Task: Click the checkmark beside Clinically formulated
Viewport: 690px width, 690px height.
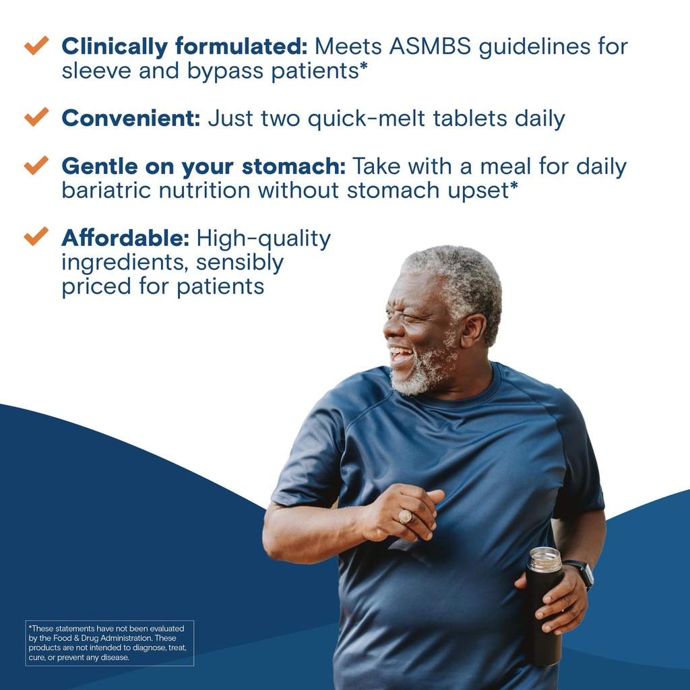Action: tap(36, 46)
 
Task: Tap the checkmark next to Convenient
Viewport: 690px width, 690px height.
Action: tap(36, 117)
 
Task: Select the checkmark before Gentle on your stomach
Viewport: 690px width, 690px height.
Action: tap(36, 165)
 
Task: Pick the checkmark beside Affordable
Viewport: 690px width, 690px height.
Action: tap(36, 237)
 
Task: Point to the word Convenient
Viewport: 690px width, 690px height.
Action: tap(131, 119)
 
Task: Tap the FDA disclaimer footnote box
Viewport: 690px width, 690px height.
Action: tap(110, 643)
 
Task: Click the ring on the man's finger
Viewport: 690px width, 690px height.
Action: tap(405, 517)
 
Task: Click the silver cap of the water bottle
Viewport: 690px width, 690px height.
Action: tap(544, 559)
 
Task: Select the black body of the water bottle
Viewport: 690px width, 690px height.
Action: tap(543, 620)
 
